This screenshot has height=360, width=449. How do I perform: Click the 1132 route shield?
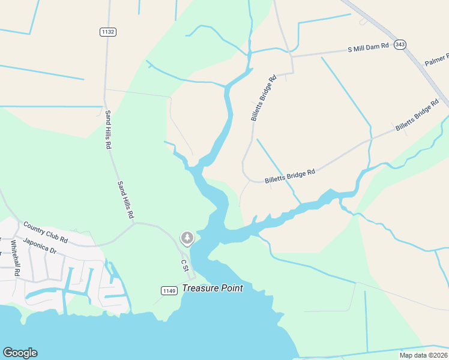click(109, 31)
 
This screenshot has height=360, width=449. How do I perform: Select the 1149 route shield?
click(170, 291)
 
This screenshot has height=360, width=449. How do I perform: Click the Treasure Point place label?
click(212, 288)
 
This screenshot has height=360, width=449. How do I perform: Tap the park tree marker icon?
click(187, 239)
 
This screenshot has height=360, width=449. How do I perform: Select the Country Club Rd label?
click(46, 233)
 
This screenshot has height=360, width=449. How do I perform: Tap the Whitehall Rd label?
click(16, 258)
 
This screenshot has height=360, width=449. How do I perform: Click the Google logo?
click(20, 353)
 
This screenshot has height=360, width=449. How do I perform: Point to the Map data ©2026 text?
click(423, 355)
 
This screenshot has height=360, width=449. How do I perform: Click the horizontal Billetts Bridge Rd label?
click(290, 176)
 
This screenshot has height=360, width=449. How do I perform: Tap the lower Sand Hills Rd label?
click(125, 199)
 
